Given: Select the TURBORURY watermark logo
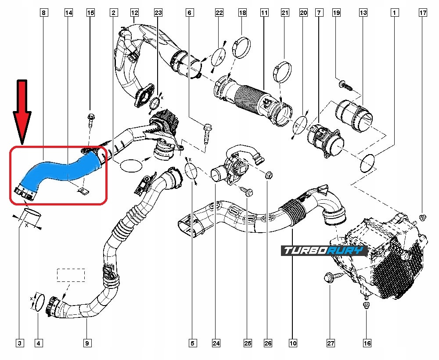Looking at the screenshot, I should click(324, 251).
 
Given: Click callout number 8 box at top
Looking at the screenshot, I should click(43, 13).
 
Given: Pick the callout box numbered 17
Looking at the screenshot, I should click(423, 13).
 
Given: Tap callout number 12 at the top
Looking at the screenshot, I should click(134, 13).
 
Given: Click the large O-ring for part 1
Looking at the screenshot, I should click(368, 164).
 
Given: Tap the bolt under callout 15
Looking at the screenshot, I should click(91, 119).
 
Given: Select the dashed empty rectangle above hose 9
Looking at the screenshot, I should click(71, 275).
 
